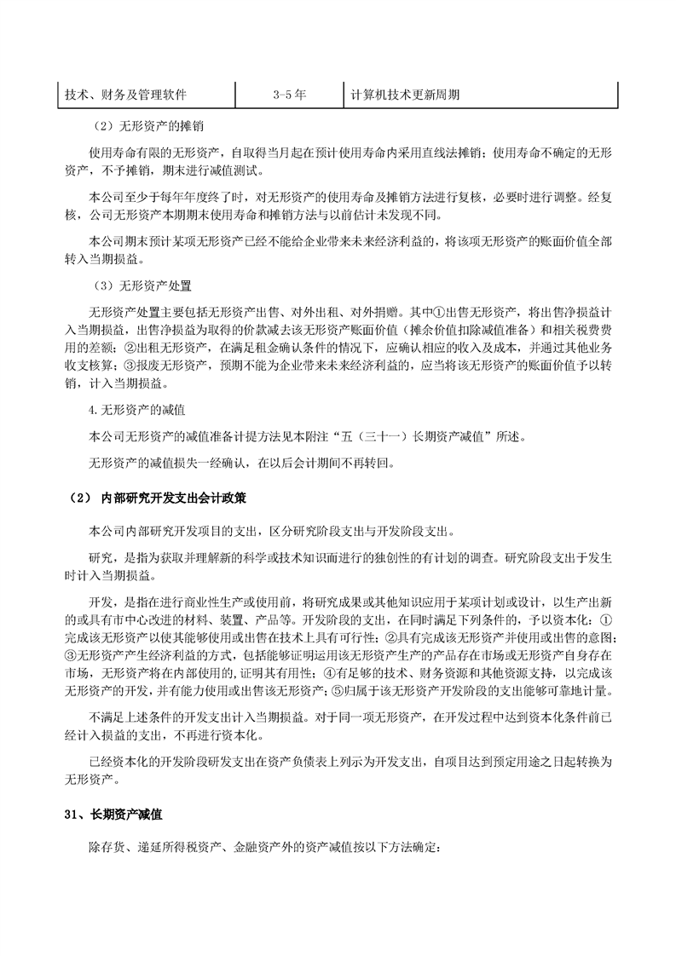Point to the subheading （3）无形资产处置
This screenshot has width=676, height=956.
[x=142, y=285]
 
